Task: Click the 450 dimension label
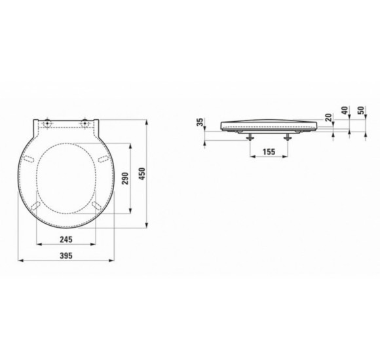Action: [x=142, y=173]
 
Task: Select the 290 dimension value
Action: [x=125, y=178]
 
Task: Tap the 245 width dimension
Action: [x=66, y=240]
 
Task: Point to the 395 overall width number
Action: [x=66, y=255]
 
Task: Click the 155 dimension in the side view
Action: [x=269, y=152]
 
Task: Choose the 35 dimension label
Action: [x=200, y=122]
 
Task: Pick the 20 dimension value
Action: [x=328, y=117]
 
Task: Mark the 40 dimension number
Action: [x=345, y=111]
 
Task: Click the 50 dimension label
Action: [x=361, y=111]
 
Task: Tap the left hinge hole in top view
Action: [x=47, y=123]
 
